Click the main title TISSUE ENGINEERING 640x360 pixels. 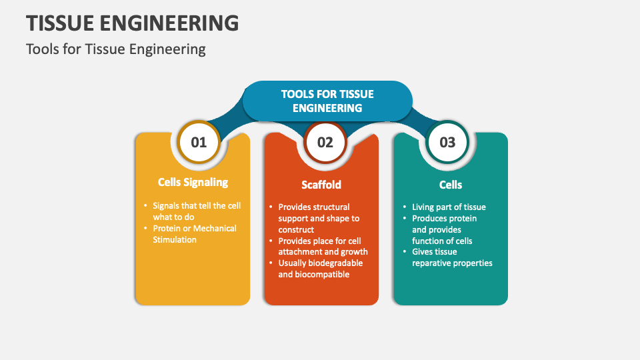[132, 23]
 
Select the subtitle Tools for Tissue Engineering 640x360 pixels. [116, 49]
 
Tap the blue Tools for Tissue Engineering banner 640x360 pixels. [327, 101]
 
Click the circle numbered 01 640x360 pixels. [199, 142]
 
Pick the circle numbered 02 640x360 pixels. [325, 142]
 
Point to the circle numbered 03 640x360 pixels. [447, 142]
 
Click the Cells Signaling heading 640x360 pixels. [193, 182]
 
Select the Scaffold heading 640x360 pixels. [321, 185]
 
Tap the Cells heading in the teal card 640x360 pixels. [451, 185]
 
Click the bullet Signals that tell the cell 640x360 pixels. [196, 211]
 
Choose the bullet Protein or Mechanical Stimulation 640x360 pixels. [194, 233]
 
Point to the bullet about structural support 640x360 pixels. [318, 218]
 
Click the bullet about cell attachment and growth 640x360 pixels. [323, 246]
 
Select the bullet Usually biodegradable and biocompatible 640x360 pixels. [320, 268]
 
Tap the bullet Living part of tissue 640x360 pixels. [449, 207]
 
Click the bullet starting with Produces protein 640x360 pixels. [444, 229]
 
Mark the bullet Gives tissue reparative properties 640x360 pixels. [451, 257]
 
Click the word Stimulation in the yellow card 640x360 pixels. [175, 239]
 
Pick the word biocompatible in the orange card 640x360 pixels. [323, 274]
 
